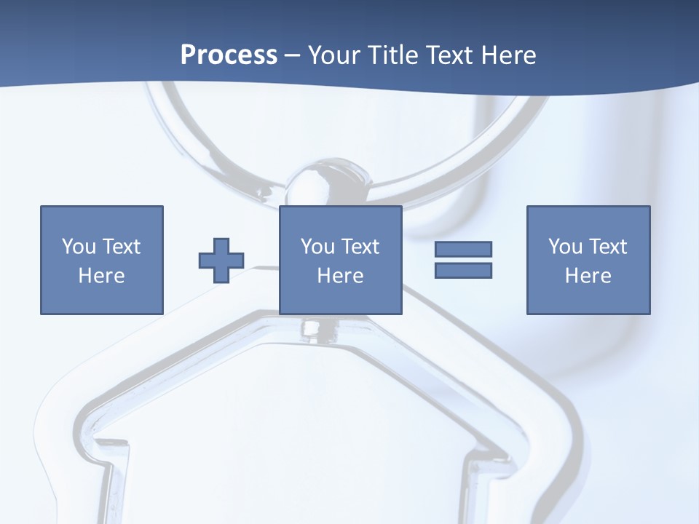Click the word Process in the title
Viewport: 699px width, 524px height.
coord(229,55)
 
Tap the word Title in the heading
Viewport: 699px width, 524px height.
coord(394,55)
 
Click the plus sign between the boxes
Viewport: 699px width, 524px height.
coord(221,261)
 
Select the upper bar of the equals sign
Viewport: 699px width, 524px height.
coord(463,250)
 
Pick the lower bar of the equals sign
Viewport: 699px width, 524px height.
coord(463,270)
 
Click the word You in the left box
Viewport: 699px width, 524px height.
coord(79,247)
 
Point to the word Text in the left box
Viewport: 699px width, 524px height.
coord(121,247)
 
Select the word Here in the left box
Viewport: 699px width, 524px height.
coord(101,276)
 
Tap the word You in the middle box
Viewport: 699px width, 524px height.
coord(317,247)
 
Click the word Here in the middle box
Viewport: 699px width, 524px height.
coord(340,276)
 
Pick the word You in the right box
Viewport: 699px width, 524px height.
coord(565,247)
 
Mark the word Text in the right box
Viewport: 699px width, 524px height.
coord(607,247)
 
